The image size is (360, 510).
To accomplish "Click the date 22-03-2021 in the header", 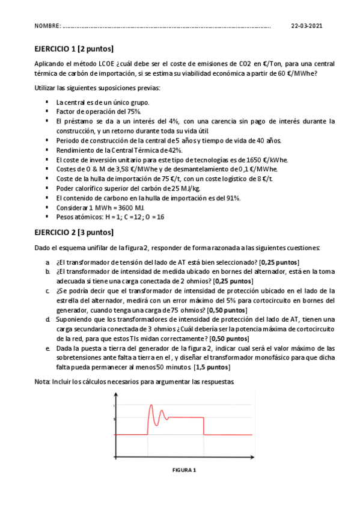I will click(307, 26).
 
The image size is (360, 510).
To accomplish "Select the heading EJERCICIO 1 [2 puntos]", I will click(73, 49).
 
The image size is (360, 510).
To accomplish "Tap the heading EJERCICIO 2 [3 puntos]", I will click(73, 232).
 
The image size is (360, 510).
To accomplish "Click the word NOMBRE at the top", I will click(47, 26).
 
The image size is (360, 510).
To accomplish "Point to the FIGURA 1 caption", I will click(184, 470).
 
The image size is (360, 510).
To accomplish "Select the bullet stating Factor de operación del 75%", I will click(99, 112).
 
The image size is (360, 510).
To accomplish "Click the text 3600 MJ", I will click(120, 207).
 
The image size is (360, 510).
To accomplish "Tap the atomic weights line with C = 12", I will click(109, 217).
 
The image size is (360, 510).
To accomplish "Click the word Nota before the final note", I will click(40, 382).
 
